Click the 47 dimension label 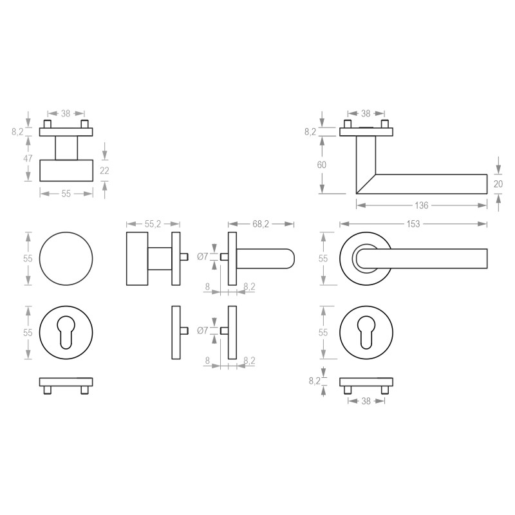pyautogui.click(x=28, y=158)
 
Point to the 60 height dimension pyautogui.click(x=322, y=165)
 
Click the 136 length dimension pyautogui.click(x=422, y=205)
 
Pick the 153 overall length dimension pyautogui.click(x=413, y=224)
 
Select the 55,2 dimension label pyautogui.click(x=153, y=224)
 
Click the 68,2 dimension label pyautogui.click(x=261, y=224)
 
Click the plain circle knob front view pyautogui.click(x=66, y=258)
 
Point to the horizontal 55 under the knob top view pyautogui.click(x=66, y=193)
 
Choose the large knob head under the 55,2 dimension pyautogui.click(x=137, y=258)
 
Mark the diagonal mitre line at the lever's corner pyautogui.click(x=365, y=184)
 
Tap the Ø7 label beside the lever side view pyautogui.click(x=202, y=256)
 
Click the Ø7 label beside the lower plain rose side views pyautogui.click(x=202, y=331)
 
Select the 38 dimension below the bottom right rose pyautogui.click(x=366, y=400)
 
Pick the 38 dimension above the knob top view pyautogui.click(x=66, y=113)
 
